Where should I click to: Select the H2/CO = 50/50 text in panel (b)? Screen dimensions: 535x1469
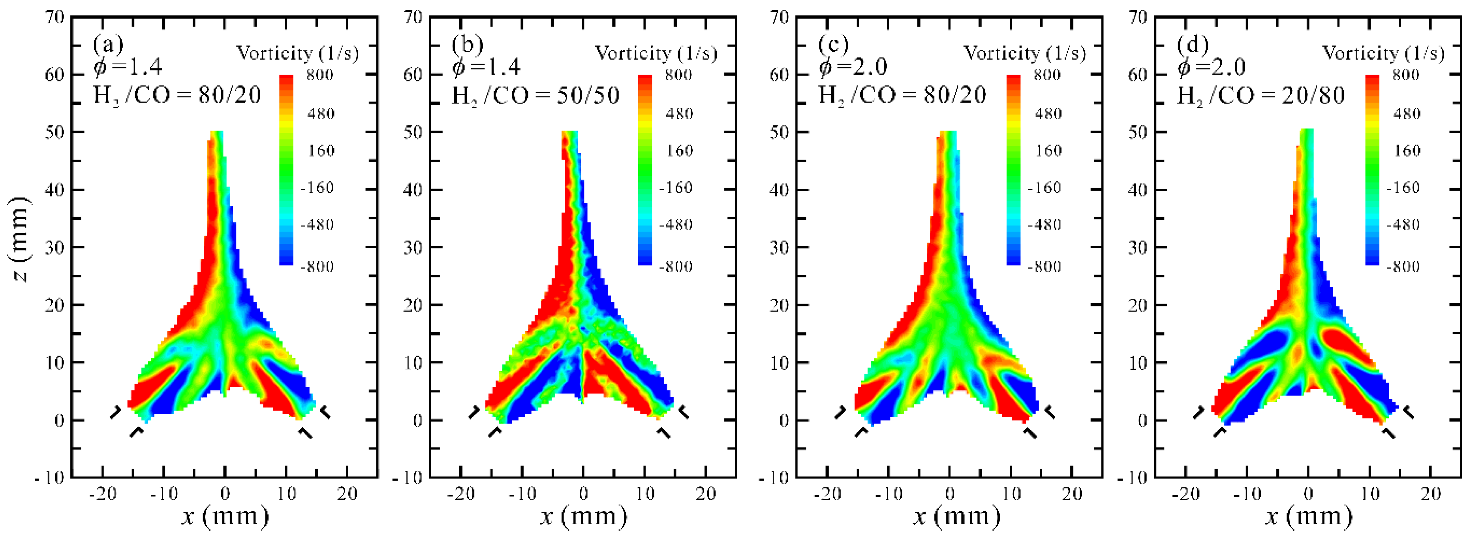pos(535,95)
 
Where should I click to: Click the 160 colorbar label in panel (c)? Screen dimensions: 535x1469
pos(1048,151)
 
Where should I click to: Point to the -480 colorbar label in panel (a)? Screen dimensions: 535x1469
pos(317,224)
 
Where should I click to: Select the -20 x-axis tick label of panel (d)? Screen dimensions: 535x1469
pos(1185,494)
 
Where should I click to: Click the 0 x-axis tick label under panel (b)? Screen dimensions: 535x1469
pos(583,494)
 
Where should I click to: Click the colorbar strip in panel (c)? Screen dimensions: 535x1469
pos(1013,170)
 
